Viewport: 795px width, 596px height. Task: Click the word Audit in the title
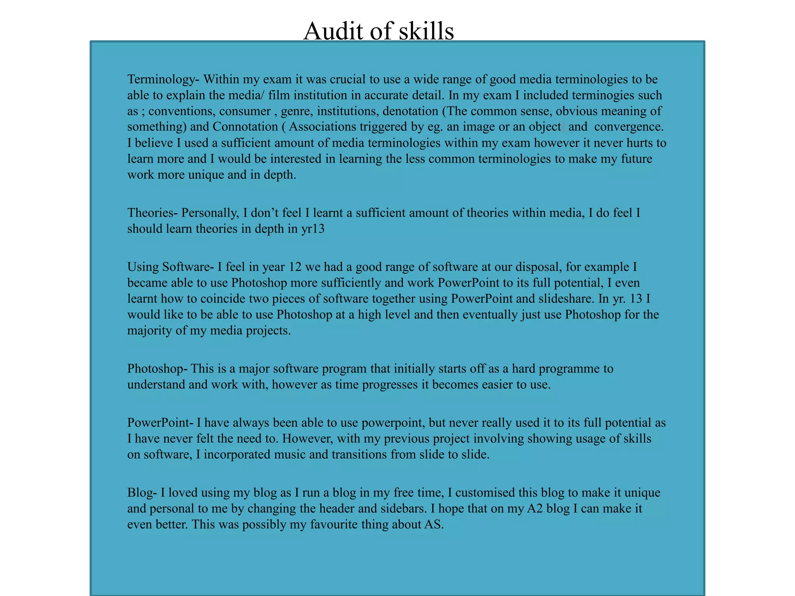coord(333,31)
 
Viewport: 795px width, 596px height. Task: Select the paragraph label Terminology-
coord(163,80)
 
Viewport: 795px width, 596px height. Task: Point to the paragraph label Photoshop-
coord(157,369)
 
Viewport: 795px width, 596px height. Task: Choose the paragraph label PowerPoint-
coord(160,423)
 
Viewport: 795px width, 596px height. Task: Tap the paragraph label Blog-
coord(142,493)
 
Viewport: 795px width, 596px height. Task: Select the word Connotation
coord(245,127)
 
